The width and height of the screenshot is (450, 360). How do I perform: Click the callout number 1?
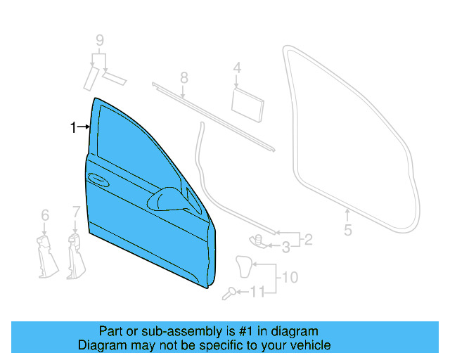tap(72, 127)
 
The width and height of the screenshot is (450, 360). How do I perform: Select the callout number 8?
tap(184, 77)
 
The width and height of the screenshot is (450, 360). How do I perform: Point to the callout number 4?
tap(237, 68)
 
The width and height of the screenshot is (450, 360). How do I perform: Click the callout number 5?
tap(347, 230)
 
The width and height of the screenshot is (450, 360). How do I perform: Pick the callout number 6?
tap(45, 214)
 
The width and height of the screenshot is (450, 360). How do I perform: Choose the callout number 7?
tap(75, 211)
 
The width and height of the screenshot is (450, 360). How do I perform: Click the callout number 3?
tap(286, 247)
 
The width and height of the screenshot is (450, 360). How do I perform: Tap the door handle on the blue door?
tap(98, 181)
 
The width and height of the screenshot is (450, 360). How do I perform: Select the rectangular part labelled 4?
tap(247, 100)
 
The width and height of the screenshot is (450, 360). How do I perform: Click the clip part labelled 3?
tap(259, 240)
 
